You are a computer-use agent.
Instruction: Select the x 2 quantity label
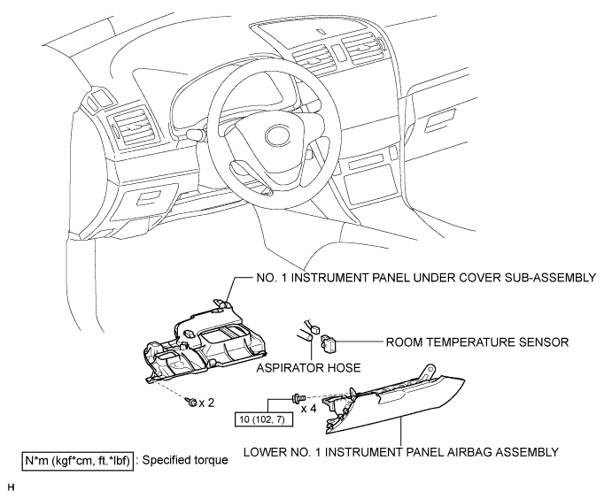[x=206, y=403]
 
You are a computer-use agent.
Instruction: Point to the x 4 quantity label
[x=309, y=409]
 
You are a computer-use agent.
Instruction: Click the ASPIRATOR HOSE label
[x=308, y=368]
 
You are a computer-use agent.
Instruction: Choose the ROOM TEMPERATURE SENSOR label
[x=477, y=342]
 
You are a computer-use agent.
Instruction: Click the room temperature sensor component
[x=327, y=342]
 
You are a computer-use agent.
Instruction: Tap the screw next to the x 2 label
[x=191, y=402]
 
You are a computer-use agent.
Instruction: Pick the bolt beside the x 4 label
[x=297, y=398]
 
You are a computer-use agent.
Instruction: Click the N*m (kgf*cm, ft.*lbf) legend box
[x=77, y=461]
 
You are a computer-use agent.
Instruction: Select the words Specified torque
[x=185, y=460]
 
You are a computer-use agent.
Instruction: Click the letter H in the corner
[x=11, y=487]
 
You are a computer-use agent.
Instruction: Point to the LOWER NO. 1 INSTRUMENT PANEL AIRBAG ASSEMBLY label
[x=401, y=452]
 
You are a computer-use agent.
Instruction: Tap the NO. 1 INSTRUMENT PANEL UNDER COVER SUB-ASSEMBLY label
[x=426, y=278]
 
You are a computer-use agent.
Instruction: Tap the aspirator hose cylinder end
[x=309, y=335]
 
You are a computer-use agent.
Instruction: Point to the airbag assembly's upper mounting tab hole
[x=430, y=368]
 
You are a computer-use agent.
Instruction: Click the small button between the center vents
[x=338, y=52]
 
